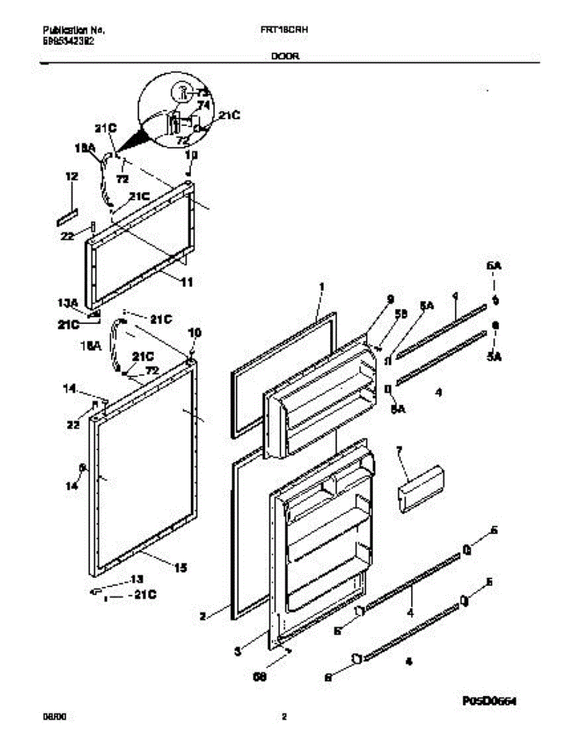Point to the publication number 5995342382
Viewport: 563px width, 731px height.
point(68,42)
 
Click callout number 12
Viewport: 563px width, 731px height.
point(72,177)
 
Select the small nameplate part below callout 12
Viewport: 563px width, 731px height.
point(68,216)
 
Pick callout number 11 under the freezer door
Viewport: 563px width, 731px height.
point(186,282)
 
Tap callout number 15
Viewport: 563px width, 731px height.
point(180,568)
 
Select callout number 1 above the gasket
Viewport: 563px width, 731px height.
point(323,286)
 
